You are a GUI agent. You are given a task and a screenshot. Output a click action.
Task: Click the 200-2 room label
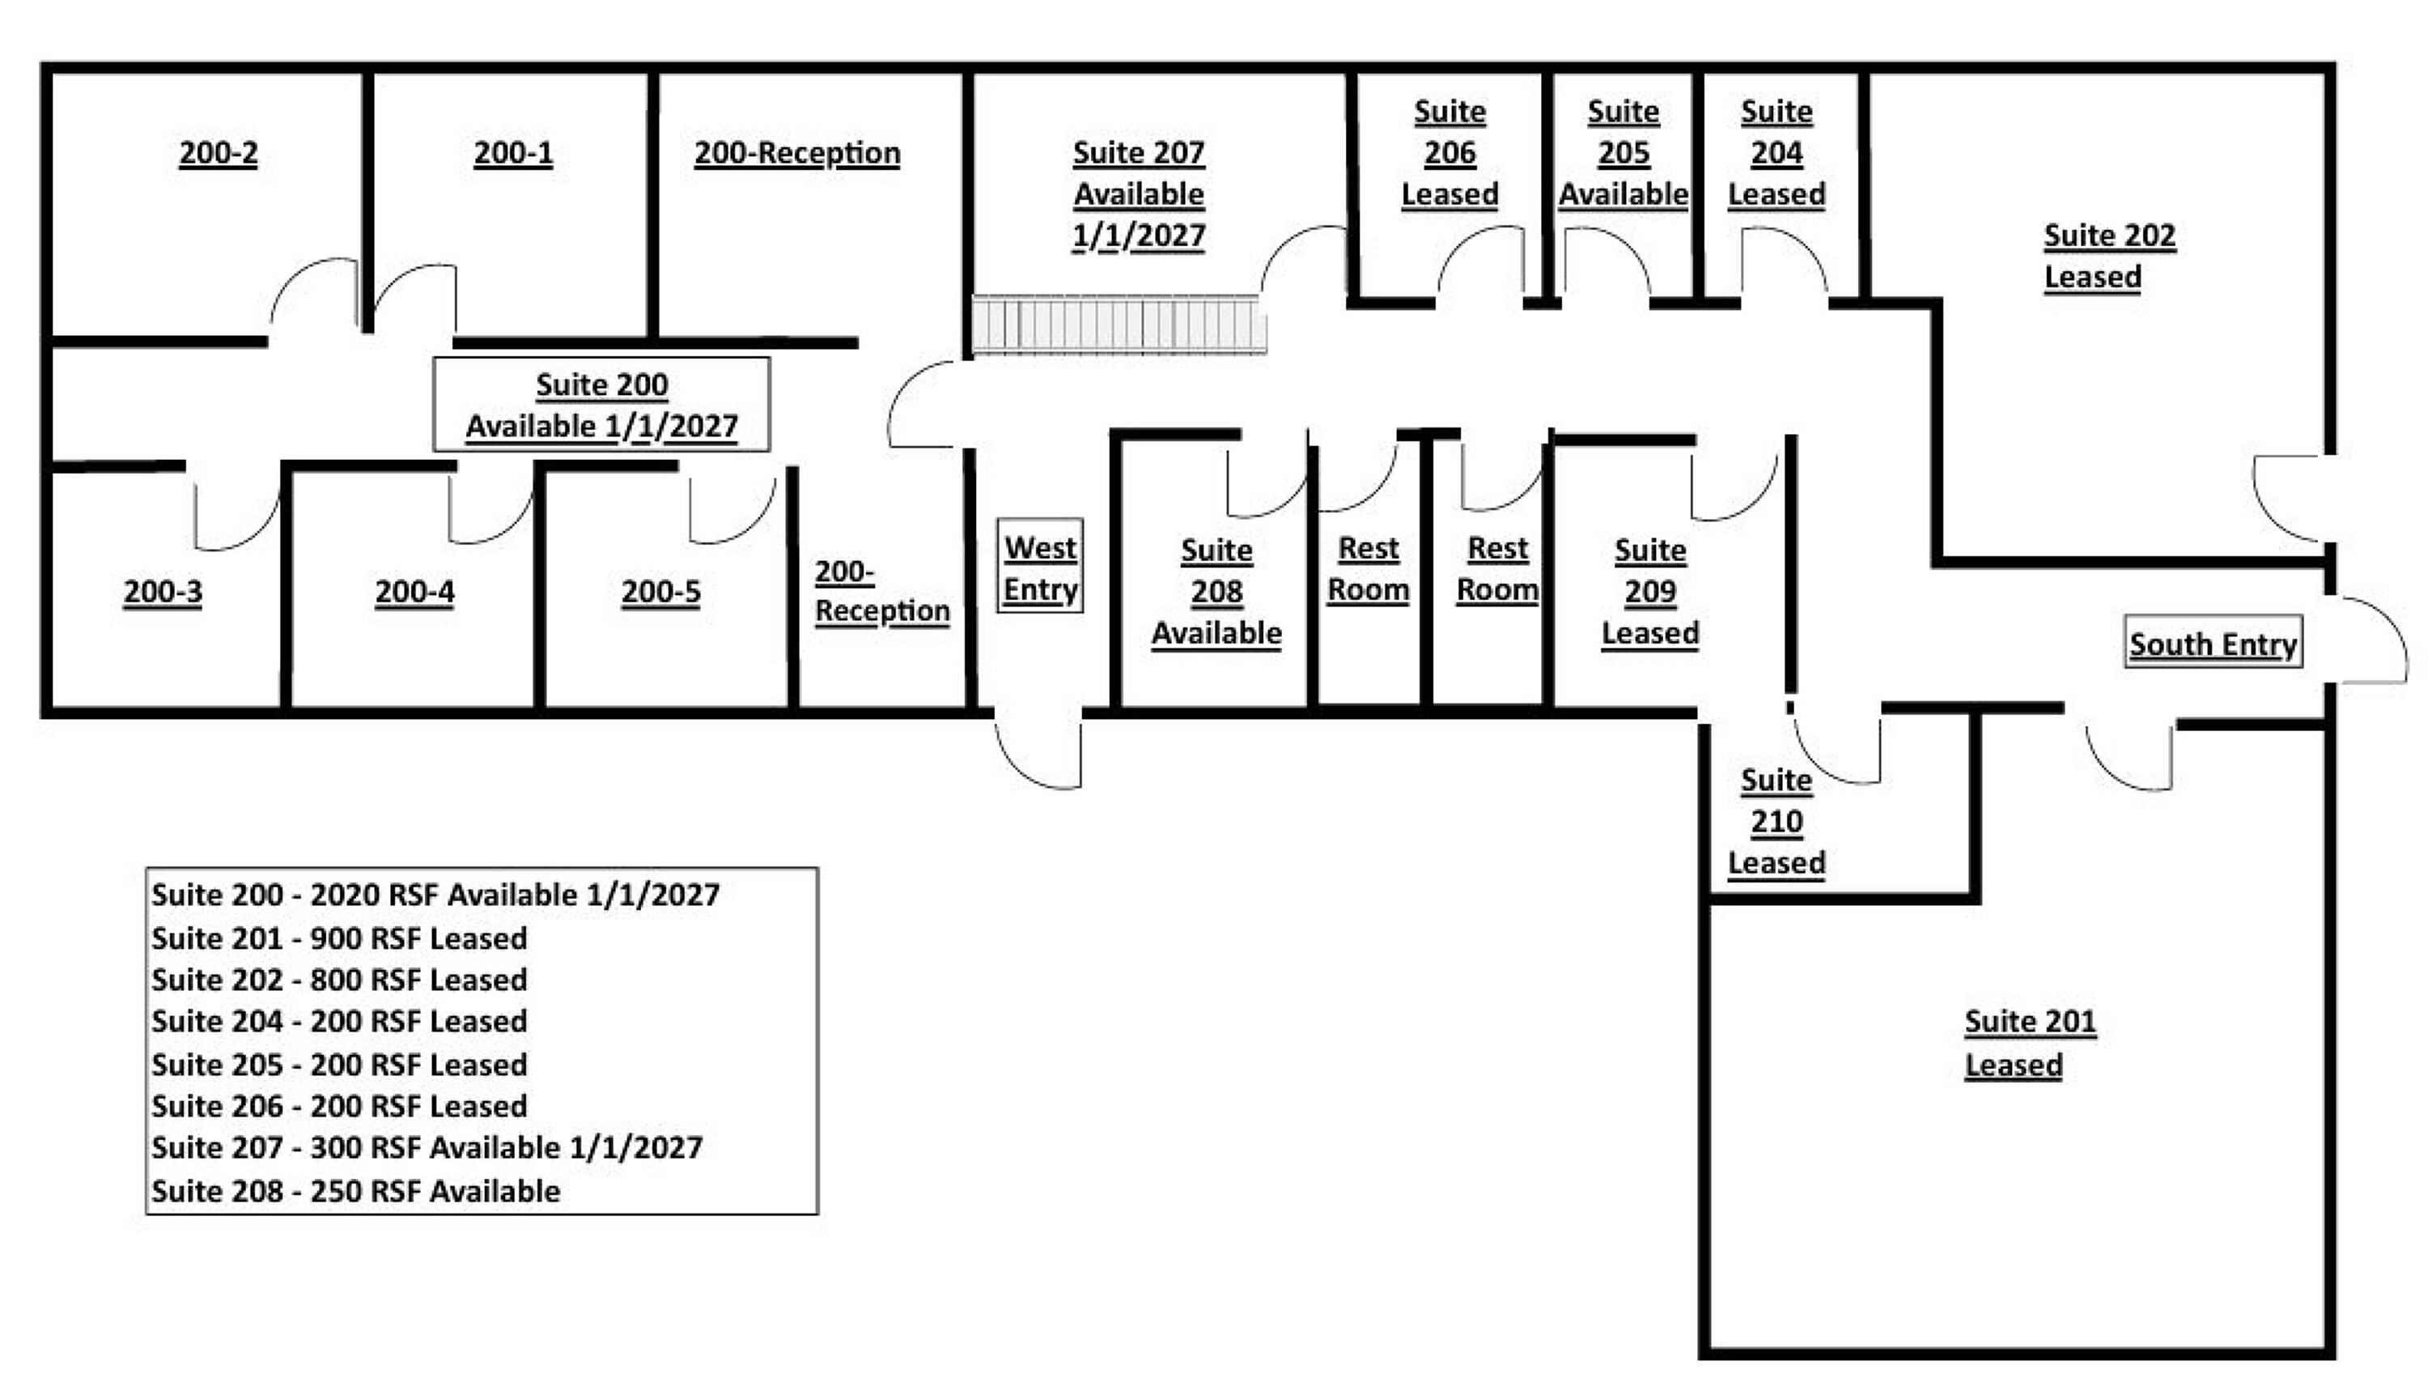(x=219, y=153)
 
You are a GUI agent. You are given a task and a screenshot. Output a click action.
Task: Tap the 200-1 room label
(x=513, y=153)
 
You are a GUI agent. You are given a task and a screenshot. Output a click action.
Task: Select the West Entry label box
(x=1040, y=566)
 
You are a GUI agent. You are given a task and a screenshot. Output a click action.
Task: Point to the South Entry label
(x=2214, y=643)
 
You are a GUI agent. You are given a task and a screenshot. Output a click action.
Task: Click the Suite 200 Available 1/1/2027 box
(x=601, y=404)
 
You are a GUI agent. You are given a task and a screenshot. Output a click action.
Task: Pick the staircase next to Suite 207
(x=1118, y=325)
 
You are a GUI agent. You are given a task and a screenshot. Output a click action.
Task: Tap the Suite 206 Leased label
(x=1450, y=153)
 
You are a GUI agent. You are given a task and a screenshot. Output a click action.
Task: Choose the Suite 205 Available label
(x=1624, y=153)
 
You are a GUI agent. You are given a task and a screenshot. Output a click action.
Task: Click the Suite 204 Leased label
(x=1776, y=153)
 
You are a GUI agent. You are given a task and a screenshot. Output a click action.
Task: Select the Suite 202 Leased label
(x=2110, y=256)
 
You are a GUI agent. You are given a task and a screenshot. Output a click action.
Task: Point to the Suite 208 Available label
(x=1216, y=591)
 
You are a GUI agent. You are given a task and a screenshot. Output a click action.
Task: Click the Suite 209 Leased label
(x=1650, y=591)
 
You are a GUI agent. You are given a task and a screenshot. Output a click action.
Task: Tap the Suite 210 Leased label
(x=1776, y=821)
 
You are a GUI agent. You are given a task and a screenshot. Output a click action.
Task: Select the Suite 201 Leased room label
(x=2031, y=1043)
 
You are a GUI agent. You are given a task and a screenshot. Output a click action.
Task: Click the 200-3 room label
(x=163, y=592)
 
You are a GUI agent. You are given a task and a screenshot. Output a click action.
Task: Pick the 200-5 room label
(x=661, y=592)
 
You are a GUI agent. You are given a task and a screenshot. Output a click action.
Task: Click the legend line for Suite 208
(x=355, y=1191)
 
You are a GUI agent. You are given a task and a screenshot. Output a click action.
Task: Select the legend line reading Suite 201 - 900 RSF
(x=339, y=938)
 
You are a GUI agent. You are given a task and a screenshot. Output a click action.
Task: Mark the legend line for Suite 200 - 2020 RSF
(x=435, y=895)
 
